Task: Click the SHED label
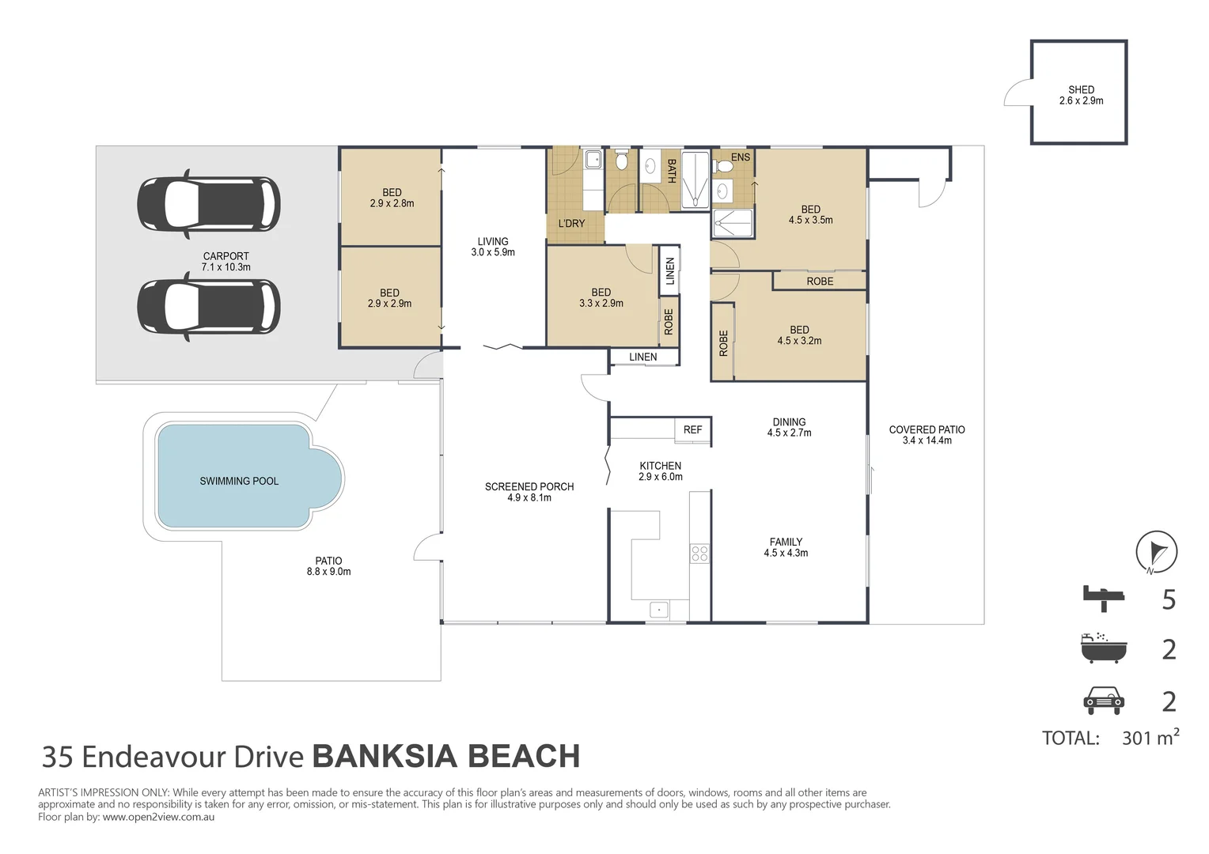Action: click(1081, 89)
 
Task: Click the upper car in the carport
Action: click(208, 205)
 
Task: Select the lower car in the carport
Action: click(208, 307)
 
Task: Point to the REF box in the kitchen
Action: click(692, 429)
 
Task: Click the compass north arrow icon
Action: click(1156, 552)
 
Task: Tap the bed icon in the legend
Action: click(1103, 599)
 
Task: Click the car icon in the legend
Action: click(1104, 701)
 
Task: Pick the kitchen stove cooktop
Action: click(699, 554)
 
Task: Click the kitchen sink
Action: click(659, 610)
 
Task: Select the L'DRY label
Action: click(571, 223)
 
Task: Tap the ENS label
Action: click(741, 157)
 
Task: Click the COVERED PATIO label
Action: click(927, 429)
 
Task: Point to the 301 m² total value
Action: click(1150, 737)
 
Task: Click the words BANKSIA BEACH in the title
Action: click(446, 756)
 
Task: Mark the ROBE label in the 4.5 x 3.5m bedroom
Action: click(820, 281)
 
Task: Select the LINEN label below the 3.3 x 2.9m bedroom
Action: click(642, 357)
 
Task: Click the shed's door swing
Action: click(1018, 92)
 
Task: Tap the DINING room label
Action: click(789, 422)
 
